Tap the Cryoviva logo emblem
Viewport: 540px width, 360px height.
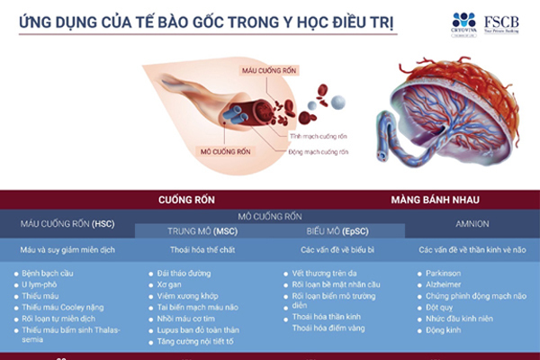click(x=463, y=18)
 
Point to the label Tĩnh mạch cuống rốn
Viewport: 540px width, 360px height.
click(x=318, y=136)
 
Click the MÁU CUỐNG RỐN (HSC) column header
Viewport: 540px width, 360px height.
click(x=68, y=223)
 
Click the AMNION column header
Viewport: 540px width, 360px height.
click(x=472, y=224)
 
